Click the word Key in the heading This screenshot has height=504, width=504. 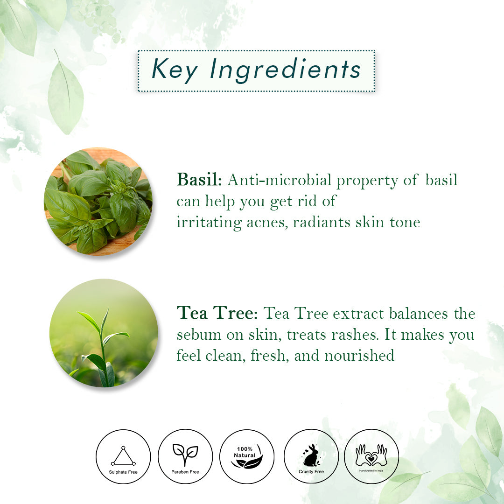175,70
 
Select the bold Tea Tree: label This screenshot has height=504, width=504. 217,313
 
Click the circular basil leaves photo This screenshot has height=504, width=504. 98,201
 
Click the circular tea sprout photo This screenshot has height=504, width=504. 104,333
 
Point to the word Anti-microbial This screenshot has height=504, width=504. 279,180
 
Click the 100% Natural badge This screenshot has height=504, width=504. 247,456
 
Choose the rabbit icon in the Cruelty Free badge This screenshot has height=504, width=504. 311,455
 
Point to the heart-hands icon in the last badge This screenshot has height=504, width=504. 371,455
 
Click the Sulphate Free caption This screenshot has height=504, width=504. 123,472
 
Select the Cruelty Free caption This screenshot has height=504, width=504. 311,472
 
